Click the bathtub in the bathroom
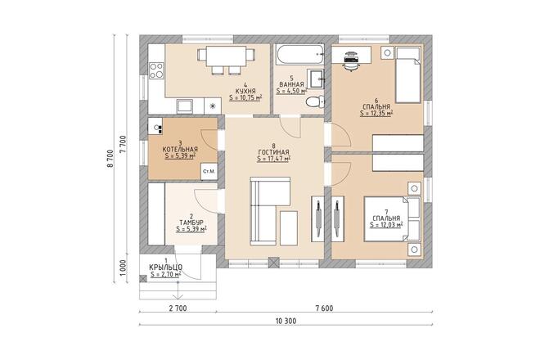(x=299, y=54)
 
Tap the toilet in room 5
(x=316, y=102)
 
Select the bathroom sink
(x=316, y=79)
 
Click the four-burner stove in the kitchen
(x=156, y=70)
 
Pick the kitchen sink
(x=185, y=106)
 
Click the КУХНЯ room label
(x=245, y=91)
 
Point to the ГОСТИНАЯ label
(x=273, y=152)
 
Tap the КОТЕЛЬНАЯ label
(x=180, y=150)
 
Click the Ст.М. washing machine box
(x=209, y=171)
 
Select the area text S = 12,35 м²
(x=376, y=114)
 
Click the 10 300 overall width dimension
(x=286, y=321)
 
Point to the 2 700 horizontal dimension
(x=178, y=308)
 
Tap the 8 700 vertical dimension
(x=110, y=159)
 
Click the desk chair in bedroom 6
(x=351, y=61)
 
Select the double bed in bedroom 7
(x=393, y=219)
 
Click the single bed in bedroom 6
(x=408, y=75)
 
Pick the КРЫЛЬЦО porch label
(x=165, y=268)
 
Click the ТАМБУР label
(x=191, y=223)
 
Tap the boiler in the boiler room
(x=155, y=126)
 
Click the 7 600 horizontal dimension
(x=324, y=308)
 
